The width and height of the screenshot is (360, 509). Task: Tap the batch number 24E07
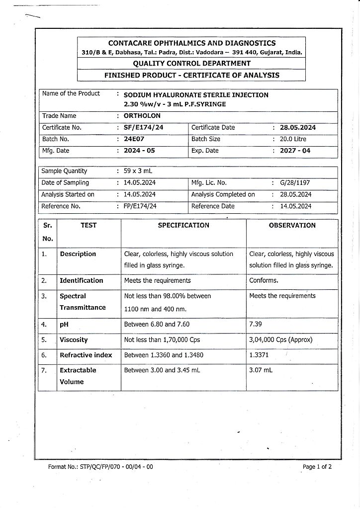tap(134, 139)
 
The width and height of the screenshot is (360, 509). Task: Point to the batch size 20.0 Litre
tap(297, 139)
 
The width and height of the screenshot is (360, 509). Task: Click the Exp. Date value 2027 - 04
tap(295, 151)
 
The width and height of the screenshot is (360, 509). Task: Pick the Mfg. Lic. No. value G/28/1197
tap(295, 182)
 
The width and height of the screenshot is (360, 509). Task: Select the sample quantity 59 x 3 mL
tap(138, 171)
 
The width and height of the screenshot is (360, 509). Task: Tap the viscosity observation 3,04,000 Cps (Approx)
tap(280, 340)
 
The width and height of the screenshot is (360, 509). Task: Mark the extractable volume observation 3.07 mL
tap(261, 370)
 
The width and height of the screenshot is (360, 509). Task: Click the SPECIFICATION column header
tap(183, 225)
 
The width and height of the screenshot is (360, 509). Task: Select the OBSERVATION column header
tap(292, 225)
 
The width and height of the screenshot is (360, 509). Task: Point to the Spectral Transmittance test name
tap(83, 302)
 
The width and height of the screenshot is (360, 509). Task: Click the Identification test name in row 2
tap(82, 280)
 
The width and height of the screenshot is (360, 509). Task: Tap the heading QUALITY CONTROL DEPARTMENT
tap(191, 63)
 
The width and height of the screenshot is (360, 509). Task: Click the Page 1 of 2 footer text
tap(317, 467)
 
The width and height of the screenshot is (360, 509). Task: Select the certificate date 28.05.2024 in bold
tap(297, 127)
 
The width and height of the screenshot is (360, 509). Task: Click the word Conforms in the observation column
tap(264, 280)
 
